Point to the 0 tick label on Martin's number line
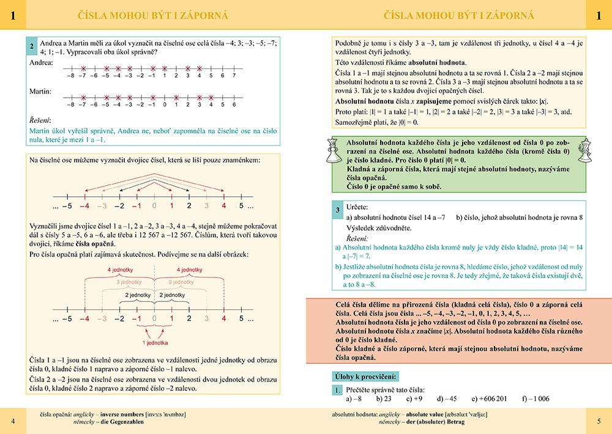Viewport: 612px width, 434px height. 164,105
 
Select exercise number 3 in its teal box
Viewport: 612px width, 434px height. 338,211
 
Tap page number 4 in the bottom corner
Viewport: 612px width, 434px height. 13,421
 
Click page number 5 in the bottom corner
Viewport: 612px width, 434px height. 599,421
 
